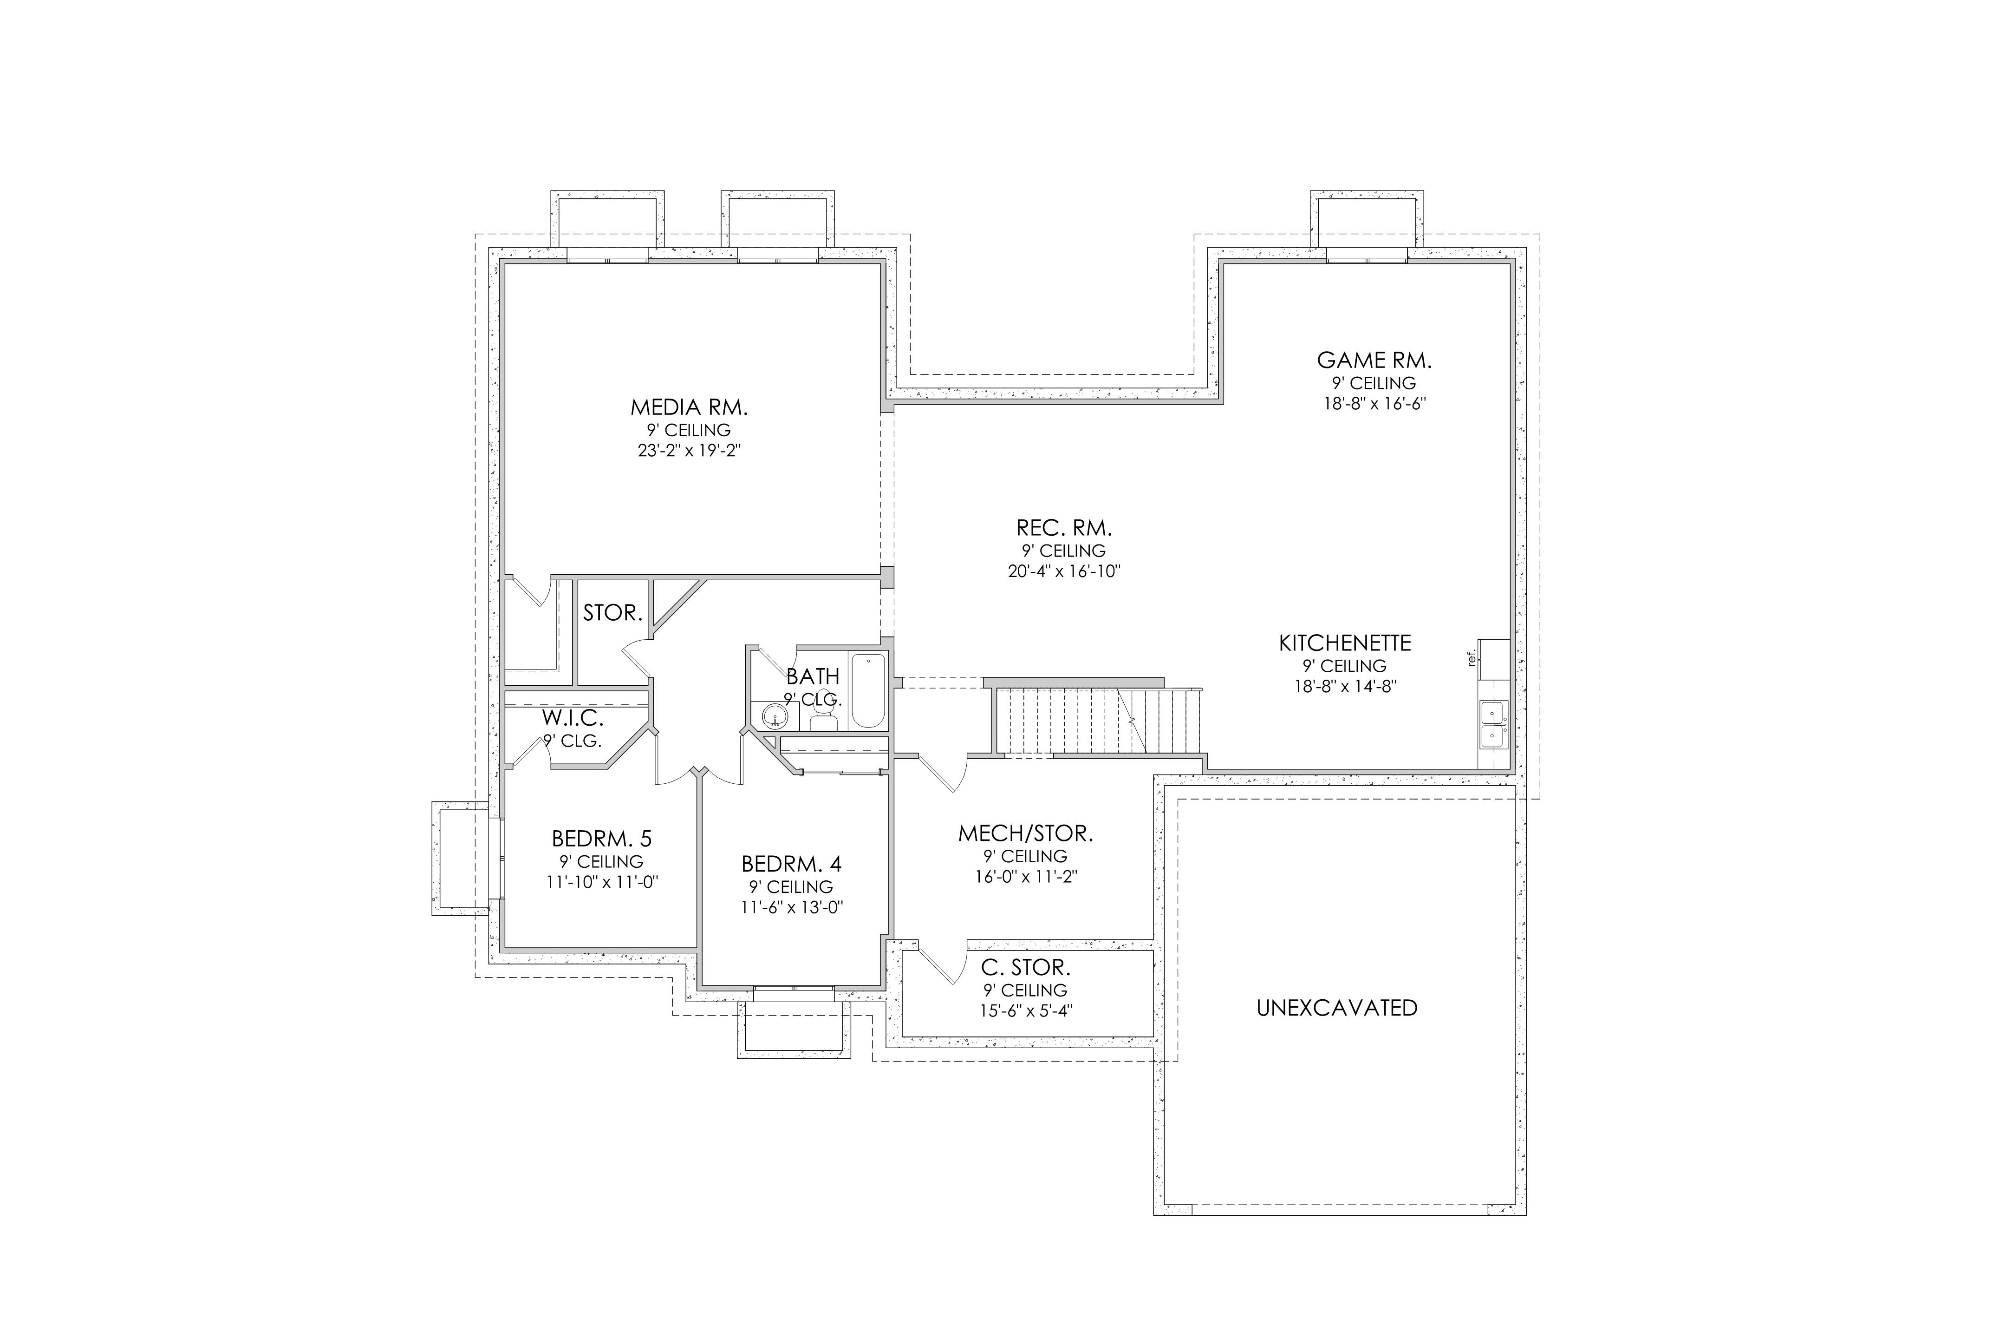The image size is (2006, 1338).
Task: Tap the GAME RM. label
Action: (1374, 360)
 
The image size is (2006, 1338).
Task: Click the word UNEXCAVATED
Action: (1336, 1008)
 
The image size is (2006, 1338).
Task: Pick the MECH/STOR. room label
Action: (1025, 833)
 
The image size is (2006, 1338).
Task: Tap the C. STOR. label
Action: (1025, 968)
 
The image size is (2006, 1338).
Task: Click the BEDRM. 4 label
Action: (791, 865)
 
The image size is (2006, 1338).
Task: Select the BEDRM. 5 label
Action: (601, 839)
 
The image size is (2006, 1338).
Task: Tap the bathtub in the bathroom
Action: (869, 690)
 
